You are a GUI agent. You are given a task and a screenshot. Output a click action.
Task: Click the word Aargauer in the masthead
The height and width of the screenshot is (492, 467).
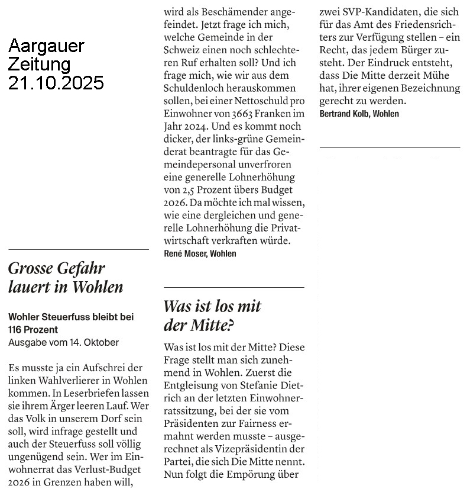coord(47,46)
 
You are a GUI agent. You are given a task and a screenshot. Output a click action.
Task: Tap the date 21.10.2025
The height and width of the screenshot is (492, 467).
coord(56,82)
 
